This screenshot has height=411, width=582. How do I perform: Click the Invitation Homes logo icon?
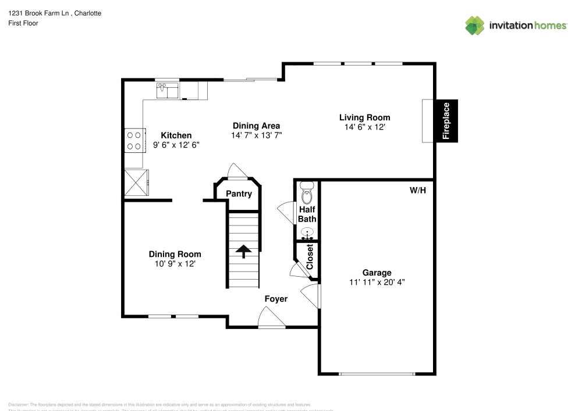click(x=475, y=25)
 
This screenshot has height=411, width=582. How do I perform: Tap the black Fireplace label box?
click(x=446, y=121)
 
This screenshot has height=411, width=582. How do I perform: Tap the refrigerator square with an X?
click(x=137, y=183)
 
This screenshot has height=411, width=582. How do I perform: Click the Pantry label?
click(x=239, y=194)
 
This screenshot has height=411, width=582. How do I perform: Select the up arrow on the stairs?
click(x=243, y=251)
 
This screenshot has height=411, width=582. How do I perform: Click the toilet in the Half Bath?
click(x=307, y=193)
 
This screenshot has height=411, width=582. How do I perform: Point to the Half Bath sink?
click(x=307, y=233)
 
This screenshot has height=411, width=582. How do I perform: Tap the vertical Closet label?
click(x=310, y=256)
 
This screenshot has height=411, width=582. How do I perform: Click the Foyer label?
click(x=276, y=299)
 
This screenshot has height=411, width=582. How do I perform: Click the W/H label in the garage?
click(x=418, y=190)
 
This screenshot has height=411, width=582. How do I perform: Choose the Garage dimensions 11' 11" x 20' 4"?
click(x=377, y=283)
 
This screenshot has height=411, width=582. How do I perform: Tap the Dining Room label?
click(x=175, y=254)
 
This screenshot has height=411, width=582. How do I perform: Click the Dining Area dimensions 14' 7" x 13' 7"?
click(x=256, y=135)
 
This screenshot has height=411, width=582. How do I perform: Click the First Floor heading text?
click(x=23, y=23)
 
